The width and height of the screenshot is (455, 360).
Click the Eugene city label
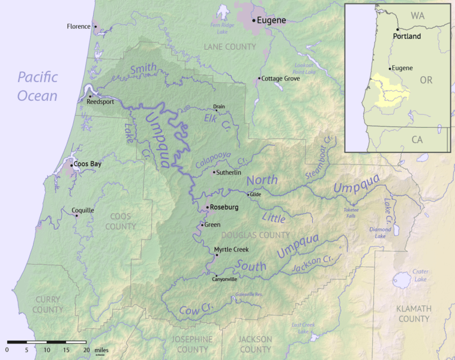[x=272, y=20]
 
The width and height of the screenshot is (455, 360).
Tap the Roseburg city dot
[x=206, y=208]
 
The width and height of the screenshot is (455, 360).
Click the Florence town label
[x=79, y=26]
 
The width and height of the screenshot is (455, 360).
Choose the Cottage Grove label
[x=280, y=79]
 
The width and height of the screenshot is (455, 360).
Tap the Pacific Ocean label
[x=37, y=86]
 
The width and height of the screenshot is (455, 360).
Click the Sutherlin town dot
[x=214, y=172]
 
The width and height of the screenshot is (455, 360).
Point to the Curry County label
[x=47, y=304]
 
